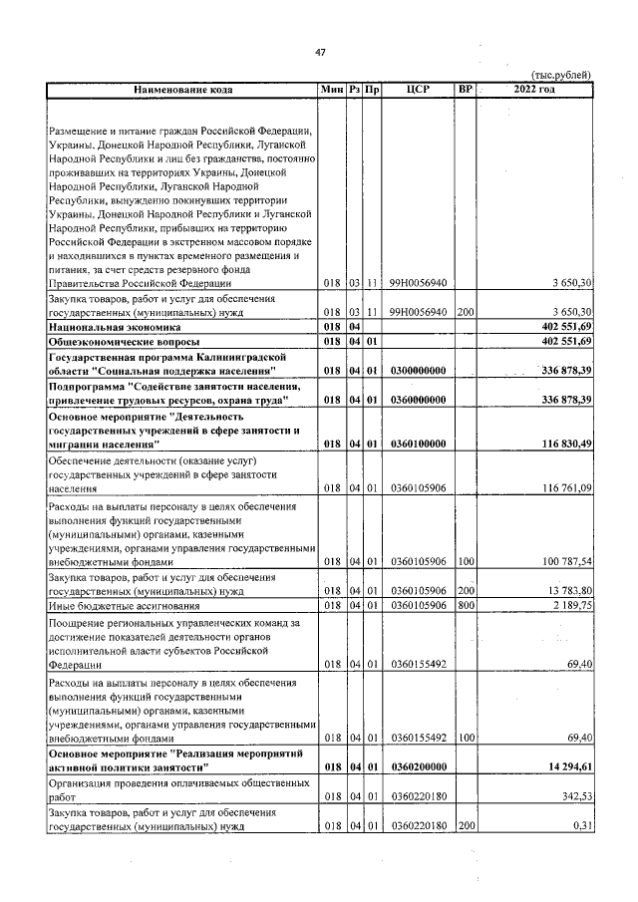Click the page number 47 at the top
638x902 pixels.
320,52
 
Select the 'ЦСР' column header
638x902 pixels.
418,90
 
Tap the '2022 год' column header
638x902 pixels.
533,90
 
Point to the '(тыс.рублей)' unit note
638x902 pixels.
561,75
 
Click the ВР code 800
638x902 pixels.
465,604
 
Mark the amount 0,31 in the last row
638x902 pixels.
583,825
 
